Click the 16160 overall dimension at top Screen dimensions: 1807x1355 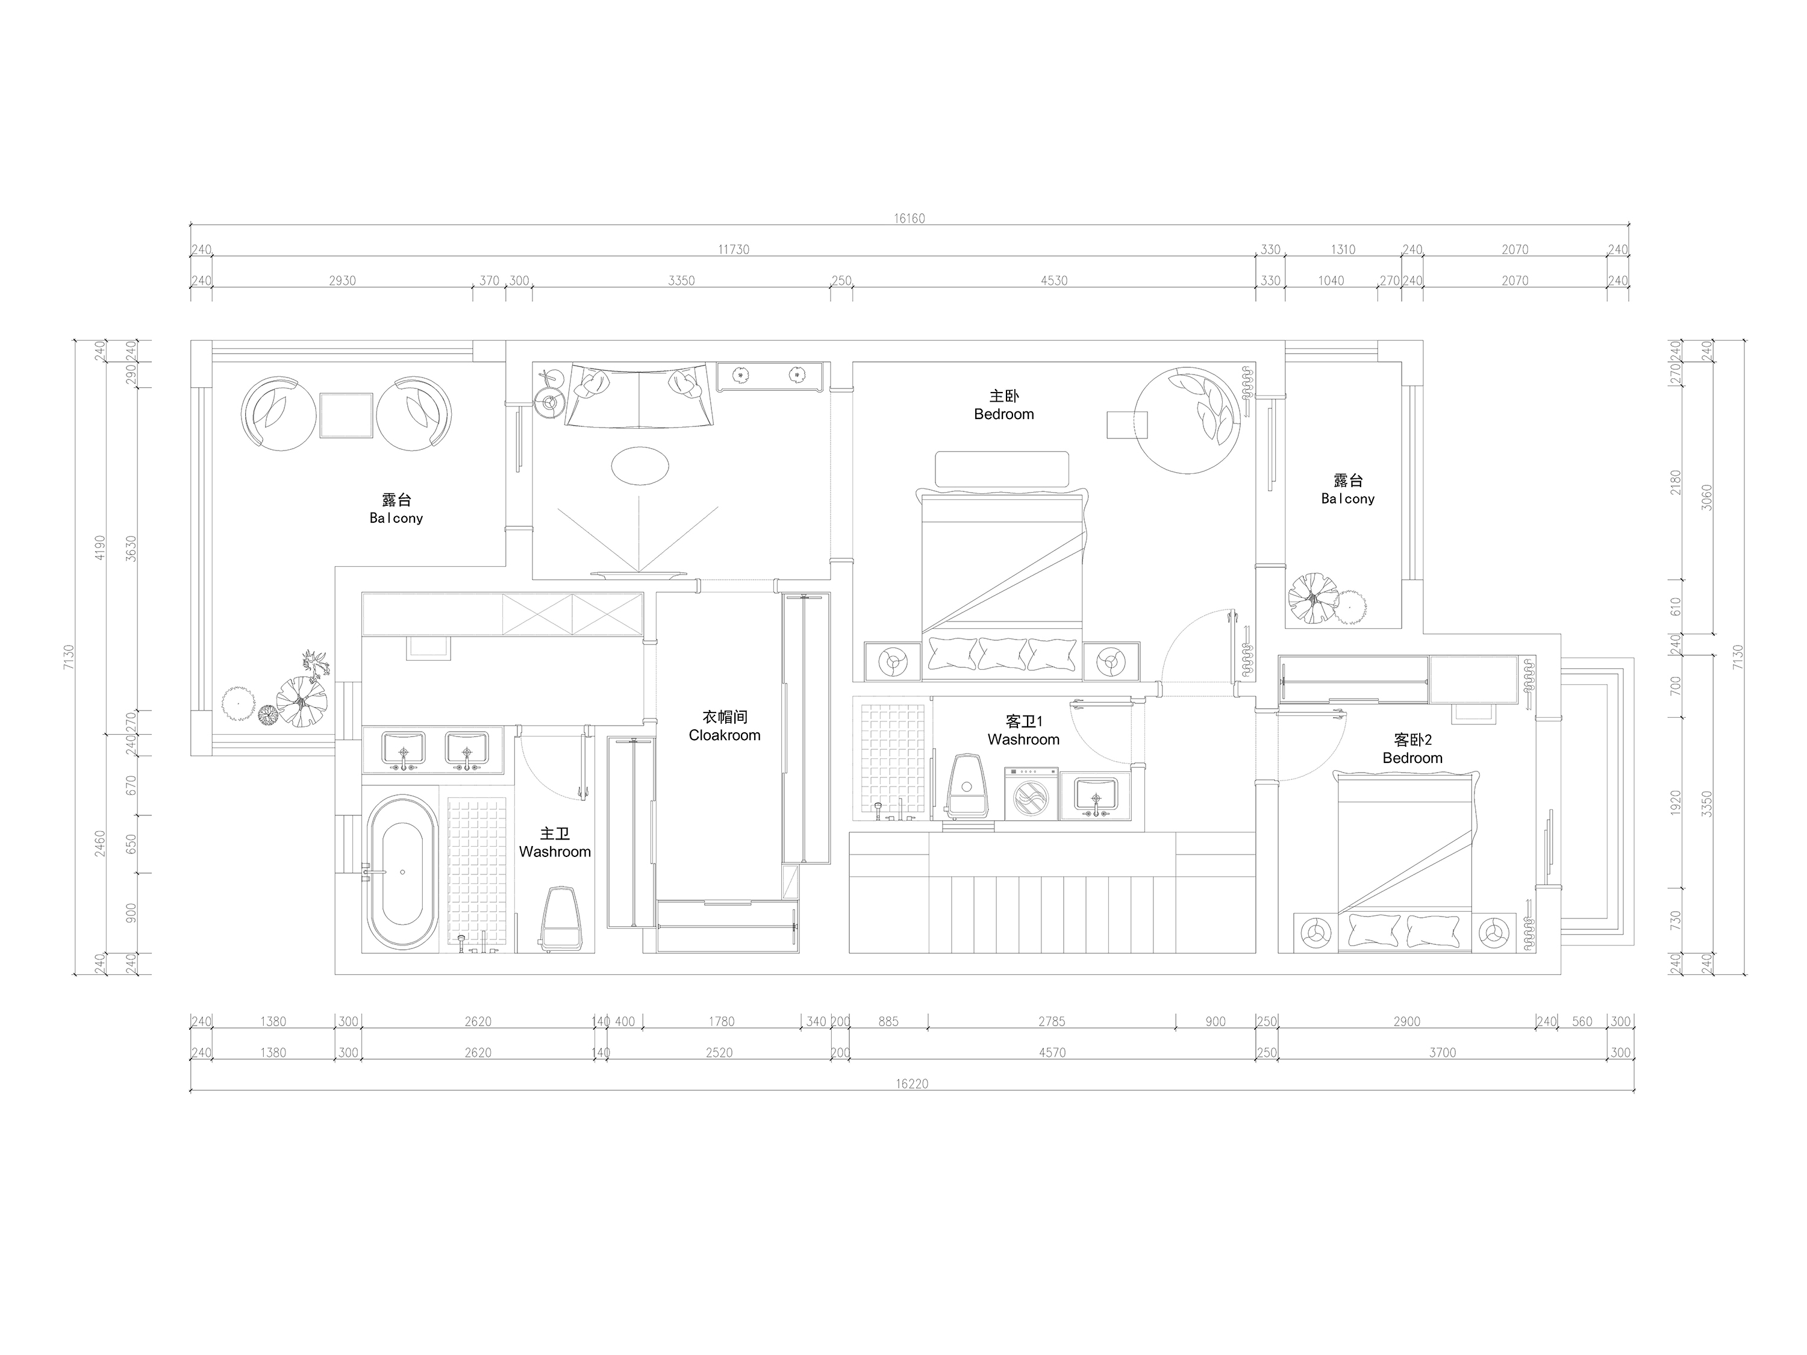click(909, 218)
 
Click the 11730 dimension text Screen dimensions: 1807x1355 click(734, 249)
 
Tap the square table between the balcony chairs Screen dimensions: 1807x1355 click(346, 416)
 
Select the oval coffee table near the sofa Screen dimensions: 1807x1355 click(640, 466)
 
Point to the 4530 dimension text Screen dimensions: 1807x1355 click(1054, 280)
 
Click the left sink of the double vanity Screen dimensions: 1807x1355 click(404, 749)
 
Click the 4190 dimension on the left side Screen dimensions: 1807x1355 click(99, 547)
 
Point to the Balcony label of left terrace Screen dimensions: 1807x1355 click(396, 518)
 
